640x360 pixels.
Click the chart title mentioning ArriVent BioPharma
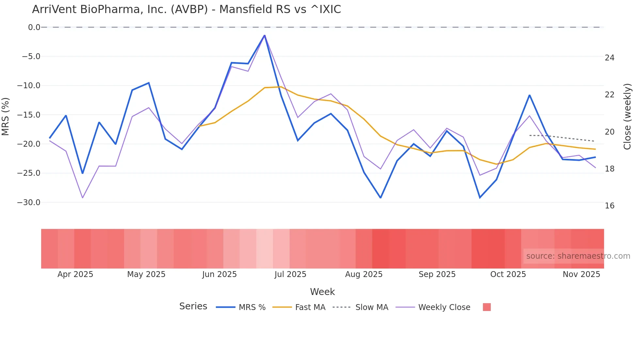186,9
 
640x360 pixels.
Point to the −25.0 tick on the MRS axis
29,173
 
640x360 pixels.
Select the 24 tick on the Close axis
609,58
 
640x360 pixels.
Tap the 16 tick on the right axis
609,206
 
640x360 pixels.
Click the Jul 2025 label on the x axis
290,274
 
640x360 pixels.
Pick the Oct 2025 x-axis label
508,274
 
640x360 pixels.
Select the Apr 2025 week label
75,274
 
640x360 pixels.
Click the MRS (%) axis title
6,116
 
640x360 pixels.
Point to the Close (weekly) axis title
627,117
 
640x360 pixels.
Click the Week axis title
322,292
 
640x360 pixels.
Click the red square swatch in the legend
487,307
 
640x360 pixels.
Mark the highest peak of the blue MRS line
264,35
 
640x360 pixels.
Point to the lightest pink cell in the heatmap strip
264,249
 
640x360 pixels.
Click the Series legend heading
193,306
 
